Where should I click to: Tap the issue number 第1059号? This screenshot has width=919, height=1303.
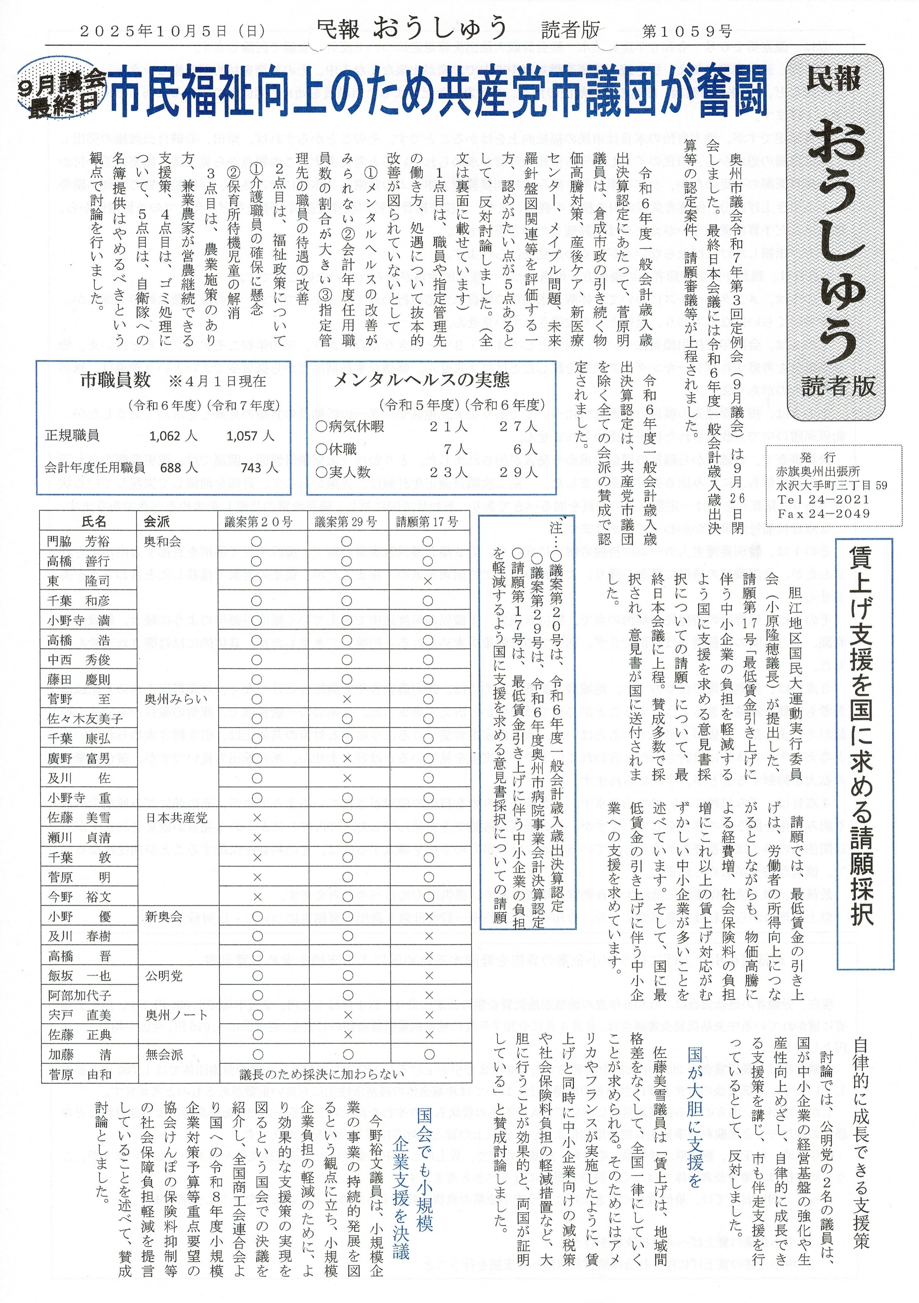(687, 31)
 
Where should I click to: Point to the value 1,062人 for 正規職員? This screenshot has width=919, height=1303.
(173, 436)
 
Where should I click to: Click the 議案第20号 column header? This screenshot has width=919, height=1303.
(258, 522)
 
